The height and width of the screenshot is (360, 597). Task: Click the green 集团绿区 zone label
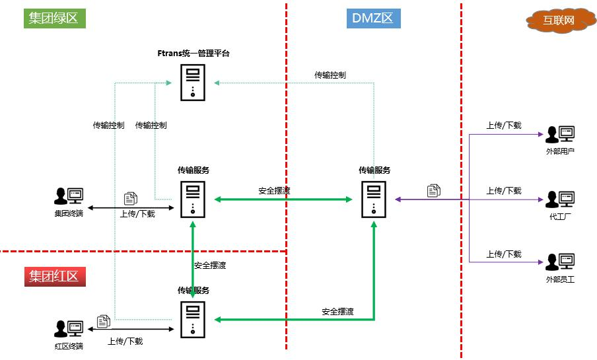[x=54, y=18]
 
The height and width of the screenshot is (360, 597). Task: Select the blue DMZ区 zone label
[x=373, y=18]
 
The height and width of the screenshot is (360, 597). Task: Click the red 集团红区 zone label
[x=54, y=276]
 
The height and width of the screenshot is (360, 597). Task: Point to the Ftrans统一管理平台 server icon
[x=193, y=83]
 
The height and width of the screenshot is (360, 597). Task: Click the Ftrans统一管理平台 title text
[x=193, y=54]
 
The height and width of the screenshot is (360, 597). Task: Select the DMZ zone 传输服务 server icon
[x=374, y=199]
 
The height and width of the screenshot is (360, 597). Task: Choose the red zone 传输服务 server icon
[x=193, y=319]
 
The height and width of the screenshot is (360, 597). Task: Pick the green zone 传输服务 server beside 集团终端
[x=193, y=199]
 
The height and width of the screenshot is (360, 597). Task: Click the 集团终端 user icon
[x=69, y=196]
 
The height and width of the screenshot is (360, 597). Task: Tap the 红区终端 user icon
[x=69, y=328]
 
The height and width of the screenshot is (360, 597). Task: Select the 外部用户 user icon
[x=560, y=135]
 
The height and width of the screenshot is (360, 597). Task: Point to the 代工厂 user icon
[x=560, y=199]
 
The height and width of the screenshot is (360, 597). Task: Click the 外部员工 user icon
[x=560, y=262]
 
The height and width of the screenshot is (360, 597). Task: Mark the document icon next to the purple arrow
[x=434, y=190]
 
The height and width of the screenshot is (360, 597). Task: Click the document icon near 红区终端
[x=104, y=322]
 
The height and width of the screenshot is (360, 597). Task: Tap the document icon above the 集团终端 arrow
[x=131, y=198]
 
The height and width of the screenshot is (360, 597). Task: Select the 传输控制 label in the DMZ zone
[x=330, y=75]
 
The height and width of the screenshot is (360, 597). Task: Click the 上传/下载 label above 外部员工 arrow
[x=504, y=254]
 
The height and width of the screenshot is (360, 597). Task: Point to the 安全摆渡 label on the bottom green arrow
[x=337, y=312]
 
